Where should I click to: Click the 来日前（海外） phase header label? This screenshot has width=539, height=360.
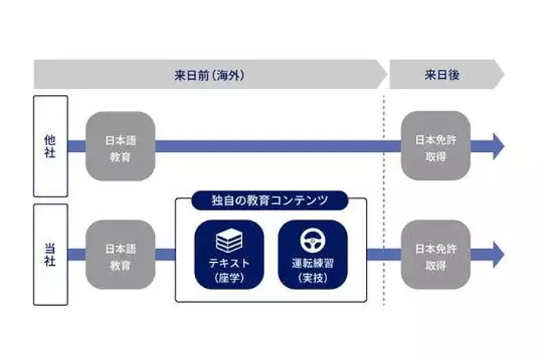tap(208, 75)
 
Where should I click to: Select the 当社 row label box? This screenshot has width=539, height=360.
tap(50, 254)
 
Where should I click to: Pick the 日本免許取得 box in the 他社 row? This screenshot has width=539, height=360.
tap(435, 146)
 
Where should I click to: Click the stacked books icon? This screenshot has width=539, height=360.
tap(229, 242)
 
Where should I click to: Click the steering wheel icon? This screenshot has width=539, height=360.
tap(312, 242)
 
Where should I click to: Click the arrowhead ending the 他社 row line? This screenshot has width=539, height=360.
tap(497, 146)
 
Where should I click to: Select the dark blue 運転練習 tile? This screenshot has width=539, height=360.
tap(312, 254)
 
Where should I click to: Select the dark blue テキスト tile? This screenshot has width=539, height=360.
tap(229, 254)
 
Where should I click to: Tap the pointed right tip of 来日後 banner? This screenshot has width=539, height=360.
tap(500, 75)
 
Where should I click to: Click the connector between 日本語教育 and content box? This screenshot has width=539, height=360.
tap(165, 254)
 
